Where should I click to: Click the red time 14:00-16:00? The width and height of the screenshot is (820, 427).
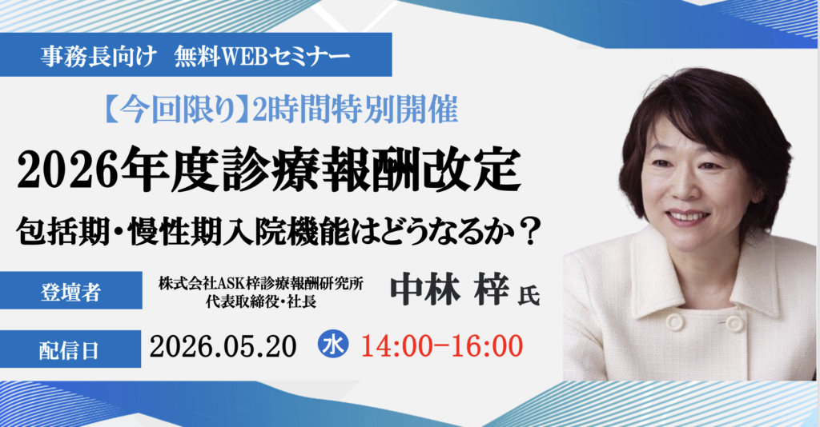point(443,345)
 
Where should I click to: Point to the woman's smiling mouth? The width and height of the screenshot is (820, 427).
point(687,216)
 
